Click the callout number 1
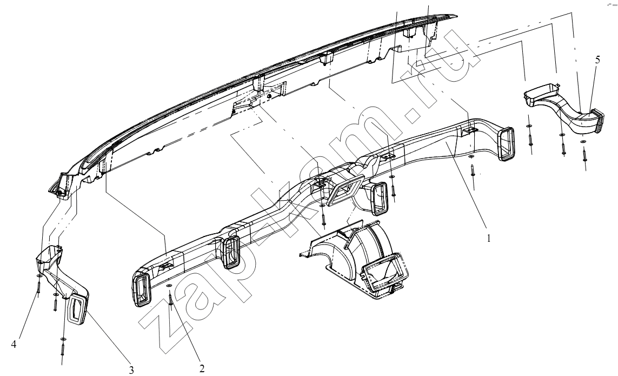tap(489, 238)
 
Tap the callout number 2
tap(202, 368)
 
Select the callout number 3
tap(131, 370)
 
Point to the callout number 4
tap(14, 344)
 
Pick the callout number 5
tap(597, 60)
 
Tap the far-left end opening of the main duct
tap(141, 290)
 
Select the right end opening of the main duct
tap(507, 143)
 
